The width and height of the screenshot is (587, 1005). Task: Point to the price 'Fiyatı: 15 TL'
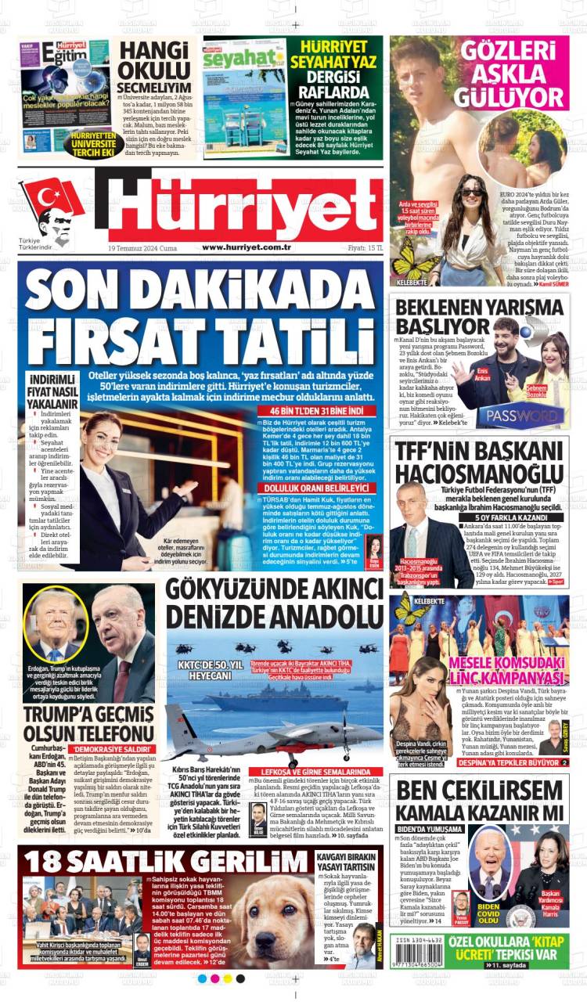point(362,247)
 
